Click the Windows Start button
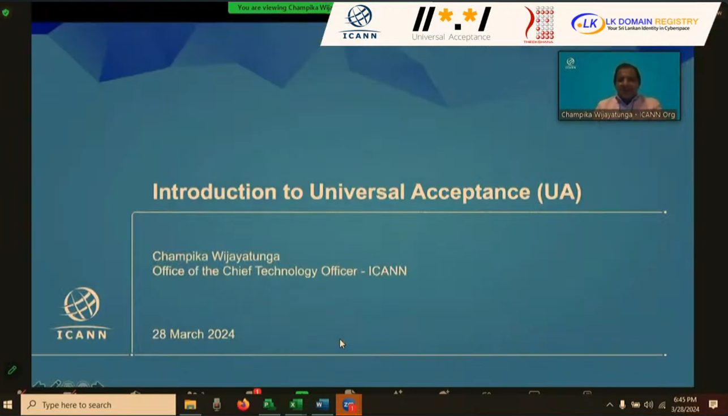[8, 405]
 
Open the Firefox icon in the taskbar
[243, 405]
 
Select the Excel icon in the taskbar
[296, 405]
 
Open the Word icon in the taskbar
[322, 405]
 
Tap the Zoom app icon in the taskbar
[349, 405]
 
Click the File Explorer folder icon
[190, 405]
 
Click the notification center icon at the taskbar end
[713, 405]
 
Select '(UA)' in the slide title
[559, 192]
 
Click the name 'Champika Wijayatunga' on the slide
[216, 257]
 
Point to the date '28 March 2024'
[193, 334]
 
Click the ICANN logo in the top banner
[359, 23]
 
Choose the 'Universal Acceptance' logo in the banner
[451, 24]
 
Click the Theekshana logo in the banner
[538, 24]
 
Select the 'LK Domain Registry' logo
[635, 24]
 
